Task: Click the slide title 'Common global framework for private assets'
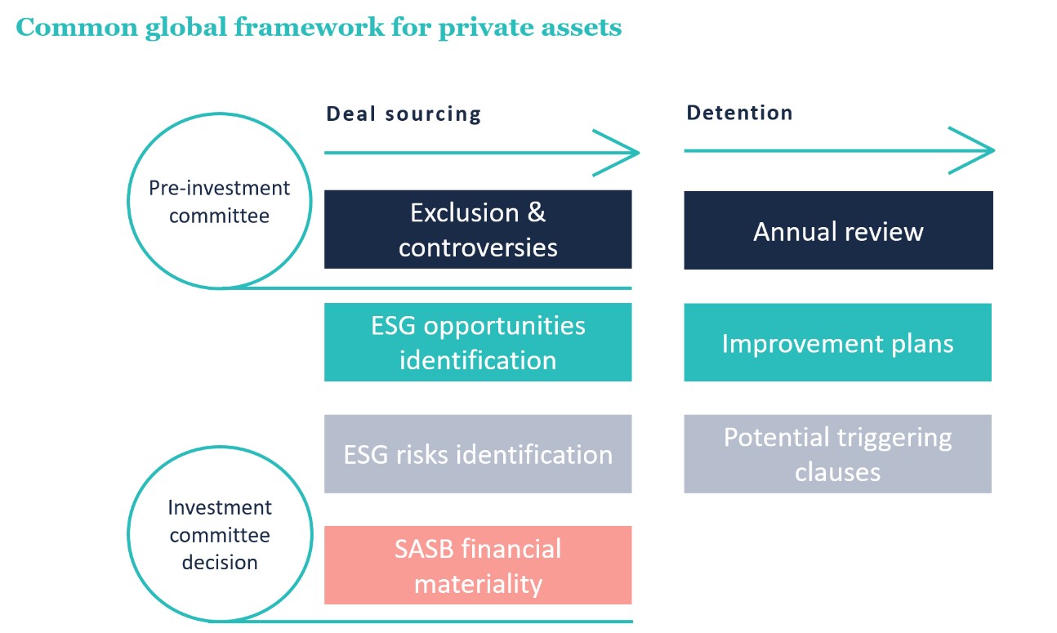319,27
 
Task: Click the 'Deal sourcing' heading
404,114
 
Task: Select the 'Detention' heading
739,113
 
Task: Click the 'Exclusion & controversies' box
478,230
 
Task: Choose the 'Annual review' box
838,230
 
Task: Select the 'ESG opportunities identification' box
478,342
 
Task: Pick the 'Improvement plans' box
837,342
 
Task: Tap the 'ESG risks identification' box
478,454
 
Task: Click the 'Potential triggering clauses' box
837,454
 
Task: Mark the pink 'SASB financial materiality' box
478,565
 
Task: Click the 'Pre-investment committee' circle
219,203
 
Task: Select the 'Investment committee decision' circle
219,535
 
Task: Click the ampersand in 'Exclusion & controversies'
536,213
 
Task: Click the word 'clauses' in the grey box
837,472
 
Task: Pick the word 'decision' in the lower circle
220,563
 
